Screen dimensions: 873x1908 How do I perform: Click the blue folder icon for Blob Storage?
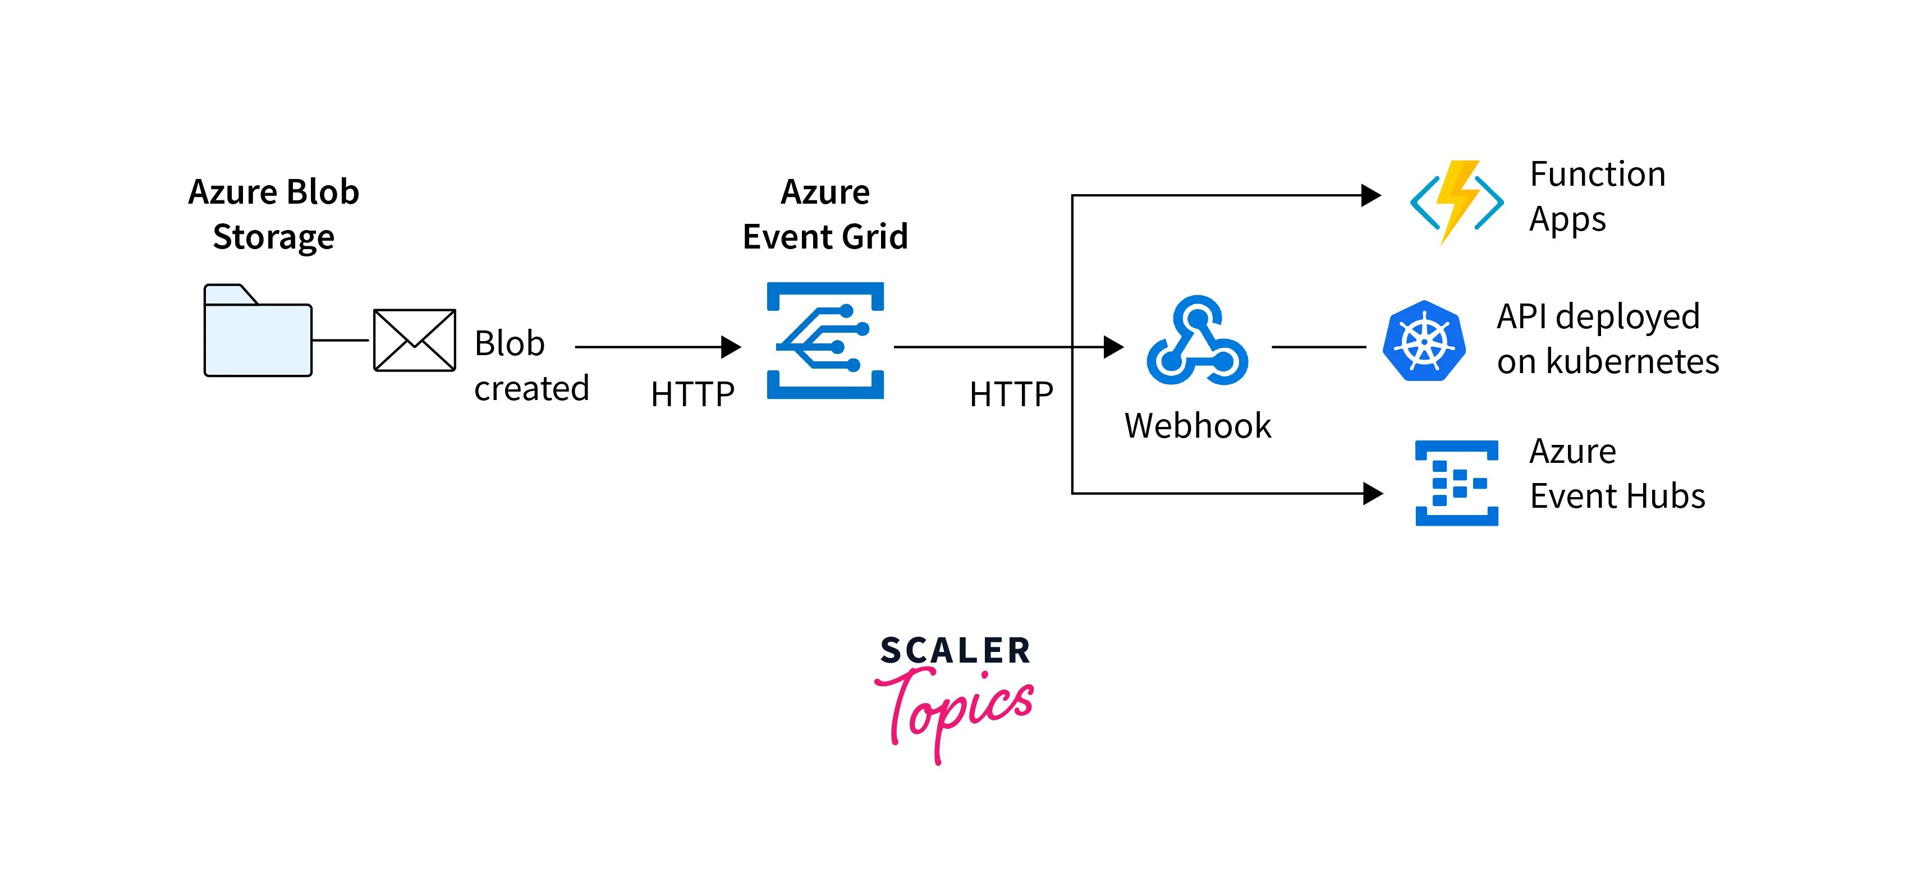[258, 332]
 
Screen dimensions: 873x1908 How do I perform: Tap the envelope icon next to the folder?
[414, 340]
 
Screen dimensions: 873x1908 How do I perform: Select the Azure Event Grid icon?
[825, 341]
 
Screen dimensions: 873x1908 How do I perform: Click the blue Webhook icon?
[1197, 341]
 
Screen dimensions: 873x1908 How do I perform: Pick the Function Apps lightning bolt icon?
[1456, 201]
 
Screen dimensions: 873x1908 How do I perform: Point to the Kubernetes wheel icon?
[1424, 341]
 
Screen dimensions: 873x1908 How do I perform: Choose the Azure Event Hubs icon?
[1456, 483]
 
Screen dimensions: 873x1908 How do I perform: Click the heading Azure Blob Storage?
[273, 214]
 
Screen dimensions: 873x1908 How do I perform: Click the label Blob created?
[530, 366]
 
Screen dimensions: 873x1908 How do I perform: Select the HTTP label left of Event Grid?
[692, 394]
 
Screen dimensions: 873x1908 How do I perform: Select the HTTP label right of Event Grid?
[1011, 394]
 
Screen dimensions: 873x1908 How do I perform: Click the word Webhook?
[1197, 426]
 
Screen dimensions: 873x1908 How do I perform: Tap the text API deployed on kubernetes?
[1607, 338]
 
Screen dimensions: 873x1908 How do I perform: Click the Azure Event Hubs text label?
[1616, 473]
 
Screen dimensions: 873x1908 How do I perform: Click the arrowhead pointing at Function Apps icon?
[1371, 195]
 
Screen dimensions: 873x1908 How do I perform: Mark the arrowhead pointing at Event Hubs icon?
[1373, 493]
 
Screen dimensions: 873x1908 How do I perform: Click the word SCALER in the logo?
[955, 651]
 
